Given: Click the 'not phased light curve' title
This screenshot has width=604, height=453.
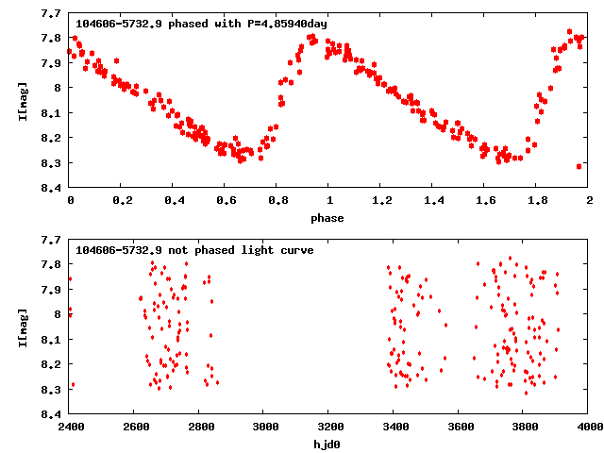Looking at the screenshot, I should (x=194, y=251).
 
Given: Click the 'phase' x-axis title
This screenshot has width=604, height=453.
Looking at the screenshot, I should (x=329, y=218).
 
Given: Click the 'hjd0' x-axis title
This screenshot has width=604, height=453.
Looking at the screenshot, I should (x=329, y=444).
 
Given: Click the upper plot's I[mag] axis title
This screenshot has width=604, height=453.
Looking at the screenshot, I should (x=23, y=100).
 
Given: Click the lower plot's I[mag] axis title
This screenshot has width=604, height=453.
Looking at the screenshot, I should (x=23, y=327).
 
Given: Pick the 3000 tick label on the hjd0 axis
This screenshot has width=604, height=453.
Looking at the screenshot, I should (x=264, y=428).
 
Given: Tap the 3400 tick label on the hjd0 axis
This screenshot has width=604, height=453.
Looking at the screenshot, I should (x=394, y=428).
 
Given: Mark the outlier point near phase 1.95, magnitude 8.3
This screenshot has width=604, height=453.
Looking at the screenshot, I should (x=579, y=166).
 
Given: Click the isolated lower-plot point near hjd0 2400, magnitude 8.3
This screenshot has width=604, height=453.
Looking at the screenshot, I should (x=73, y=385).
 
